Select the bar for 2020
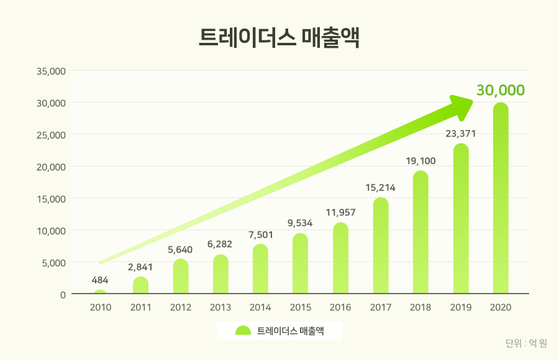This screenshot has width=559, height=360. pos(501,199)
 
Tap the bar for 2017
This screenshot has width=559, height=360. pos(381,246)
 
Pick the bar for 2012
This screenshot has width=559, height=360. pos(181,277)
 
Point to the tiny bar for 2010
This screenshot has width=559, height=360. pos(101,292)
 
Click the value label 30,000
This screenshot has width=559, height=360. pos(501,90)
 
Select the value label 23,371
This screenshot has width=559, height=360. pos(460,133)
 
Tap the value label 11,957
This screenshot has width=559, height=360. pos(340,212)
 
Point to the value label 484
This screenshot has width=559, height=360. pos(101,280)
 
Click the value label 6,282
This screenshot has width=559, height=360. pos(220,244)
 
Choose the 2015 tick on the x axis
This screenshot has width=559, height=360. pos(301,307)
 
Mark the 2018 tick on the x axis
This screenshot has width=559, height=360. pos(420,307)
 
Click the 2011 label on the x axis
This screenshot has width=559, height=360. pos(140,307)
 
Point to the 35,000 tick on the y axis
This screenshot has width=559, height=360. pos(52,71)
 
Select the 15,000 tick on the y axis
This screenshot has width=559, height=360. pos(52,199)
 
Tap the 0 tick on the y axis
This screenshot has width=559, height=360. pos(63,294)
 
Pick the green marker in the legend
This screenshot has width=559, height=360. pos(243,331)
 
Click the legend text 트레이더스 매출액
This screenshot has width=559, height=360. pos(291,331)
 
